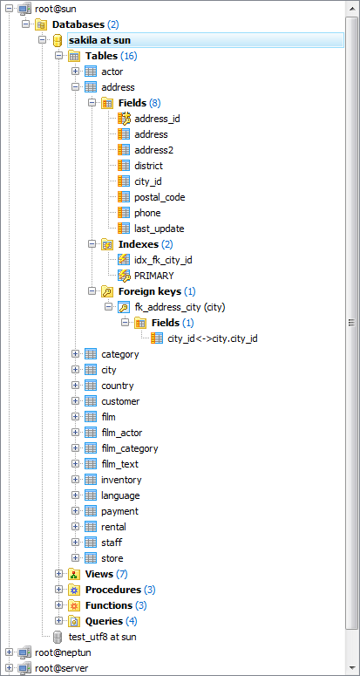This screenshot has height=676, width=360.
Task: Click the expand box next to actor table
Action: pos(75,72)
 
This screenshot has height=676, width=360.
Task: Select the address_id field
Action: pos(157,119)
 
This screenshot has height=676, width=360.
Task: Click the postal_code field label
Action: pos(160,197)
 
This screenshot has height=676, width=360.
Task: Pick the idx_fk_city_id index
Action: pos(163,260)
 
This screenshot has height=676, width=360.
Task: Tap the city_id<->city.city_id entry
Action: pos(213,338)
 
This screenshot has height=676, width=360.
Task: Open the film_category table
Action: pos(130,448)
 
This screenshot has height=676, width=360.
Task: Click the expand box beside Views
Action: pos(59,574)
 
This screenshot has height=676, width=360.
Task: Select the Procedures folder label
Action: pos(113,590)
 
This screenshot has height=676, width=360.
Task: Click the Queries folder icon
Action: pos(74,621)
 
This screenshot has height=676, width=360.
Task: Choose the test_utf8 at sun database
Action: pos(103,637)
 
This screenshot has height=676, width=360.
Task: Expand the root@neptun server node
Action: pos(9,652)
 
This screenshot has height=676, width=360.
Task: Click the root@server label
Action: pos(62,668)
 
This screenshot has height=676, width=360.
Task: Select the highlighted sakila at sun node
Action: pos(99,40)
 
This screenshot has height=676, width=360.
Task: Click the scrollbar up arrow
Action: pos(352,7)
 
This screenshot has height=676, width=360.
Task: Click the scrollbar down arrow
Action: pos(352,669)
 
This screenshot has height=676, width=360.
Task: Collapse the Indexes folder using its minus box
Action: pos(92,244)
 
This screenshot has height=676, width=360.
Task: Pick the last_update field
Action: pos(160,229)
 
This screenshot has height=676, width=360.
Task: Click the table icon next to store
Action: pos(91,558)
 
